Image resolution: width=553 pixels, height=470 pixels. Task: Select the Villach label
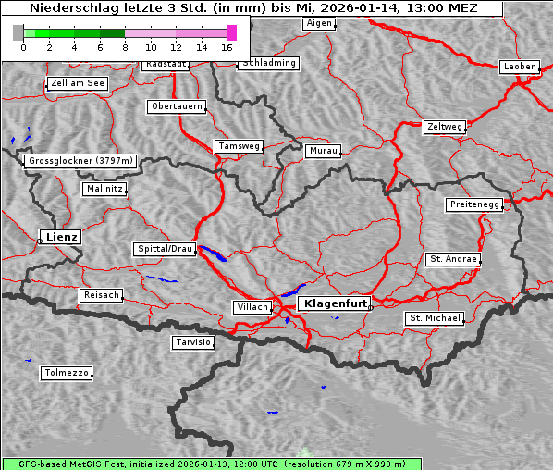point(252,307)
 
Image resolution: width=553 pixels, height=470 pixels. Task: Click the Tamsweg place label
point(240,146)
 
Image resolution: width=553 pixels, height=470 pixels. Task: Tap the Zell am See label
point(78,83)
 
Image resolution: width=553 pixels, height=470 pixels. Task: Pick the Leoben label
point(520,67)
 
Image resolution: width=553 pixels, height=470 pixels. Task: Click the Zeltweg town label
point(445,126)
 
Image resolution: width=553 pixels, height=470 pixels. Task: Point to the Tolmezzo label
point(67,374)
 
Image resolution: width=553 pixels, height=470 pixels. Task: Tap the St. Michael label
point(435,318)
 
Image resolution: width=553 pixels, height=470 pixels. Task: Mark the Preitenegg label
point(475,204)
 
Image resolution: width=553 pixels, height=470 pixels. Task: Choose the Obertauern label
point(177,106)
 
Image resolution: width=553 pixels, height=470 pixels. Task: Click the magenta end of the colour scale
point(231,32)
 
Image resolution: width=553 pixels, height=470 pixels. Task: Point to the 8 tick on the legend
point(124,46)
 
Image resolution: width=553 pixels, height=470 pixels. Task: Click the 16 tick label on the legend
point(227,46)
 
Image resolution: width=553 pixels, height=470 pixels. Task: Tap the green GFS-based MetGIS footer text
point(203,464)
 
